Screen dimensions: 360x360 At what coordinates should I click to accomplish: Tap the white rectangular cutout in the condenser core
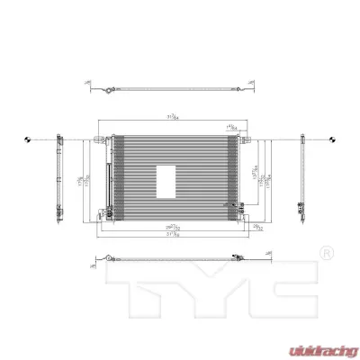coord(166,179)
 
